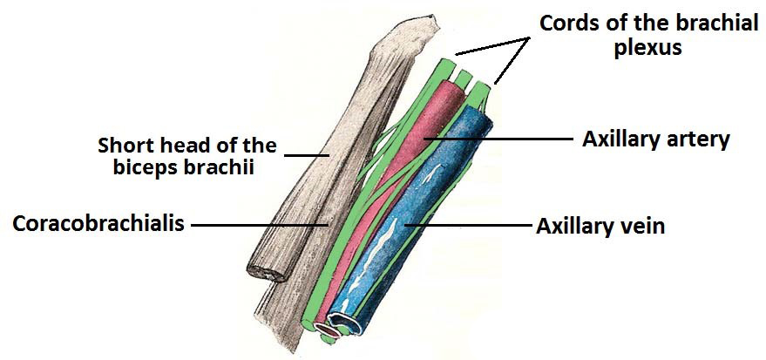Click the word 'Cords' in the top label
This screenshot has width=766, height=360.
(566, 23)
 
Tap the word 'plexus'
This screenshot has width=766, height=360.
(647, 48)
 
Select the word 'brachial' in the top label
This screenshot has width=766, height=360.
(721, 23)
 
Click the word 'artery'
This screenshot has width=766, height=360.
(699, 140)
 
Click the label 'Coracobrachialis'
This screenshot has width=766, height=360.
(98, 224)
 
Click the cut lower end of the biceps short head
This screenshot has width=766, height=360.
(268, 270)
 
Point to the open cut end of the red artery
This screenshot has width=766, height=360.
(328, 331)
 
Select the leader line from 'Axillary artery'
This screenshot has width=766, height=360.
(498, 139)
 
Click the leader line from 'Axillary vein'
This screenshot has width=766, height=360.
(466, 226)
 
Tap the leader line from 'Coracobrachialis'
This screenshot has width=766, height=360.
(259, 225)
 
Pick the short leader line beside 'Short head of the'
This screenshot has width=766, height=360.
(307, 155)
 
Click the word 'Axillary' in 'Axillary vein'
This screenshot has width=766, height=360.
(576, 227)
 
